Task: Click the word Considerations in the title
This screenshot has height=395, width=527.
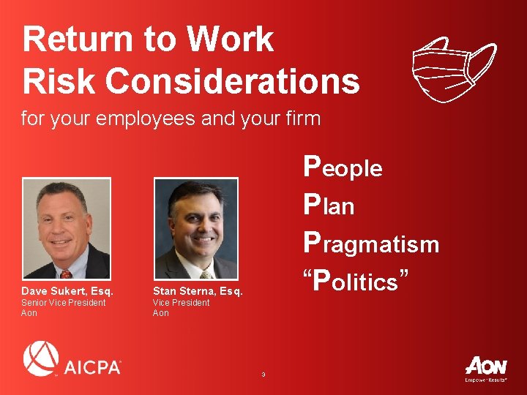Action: point(232,82)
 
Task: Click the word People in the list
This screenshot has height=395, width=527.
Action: point(343,167)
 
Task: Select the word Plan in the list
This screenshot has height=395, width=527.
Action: point(329,206)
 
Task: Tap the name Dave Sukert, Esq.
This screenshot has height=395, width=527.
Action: point(67,291)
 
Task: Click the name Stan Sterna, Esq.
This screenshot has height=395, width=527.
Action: point(198,291)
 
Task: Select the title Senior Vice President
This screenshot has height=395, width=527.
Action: point(63,303)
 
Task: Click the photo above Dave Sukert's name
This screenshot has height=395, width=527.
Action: point(67,229)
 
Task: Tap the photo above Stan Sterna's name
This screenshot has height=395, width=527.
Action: point(195,229)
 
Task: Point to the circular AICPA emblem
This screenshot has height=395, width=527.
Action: point(41,359)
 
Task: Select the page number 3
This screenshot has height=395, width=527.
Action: point(263,375)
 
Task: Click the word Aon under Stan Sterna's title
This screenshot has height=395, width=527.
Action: point(160,313)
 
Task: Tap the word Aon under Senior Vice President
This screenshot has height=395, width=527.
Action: point(29,313)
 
